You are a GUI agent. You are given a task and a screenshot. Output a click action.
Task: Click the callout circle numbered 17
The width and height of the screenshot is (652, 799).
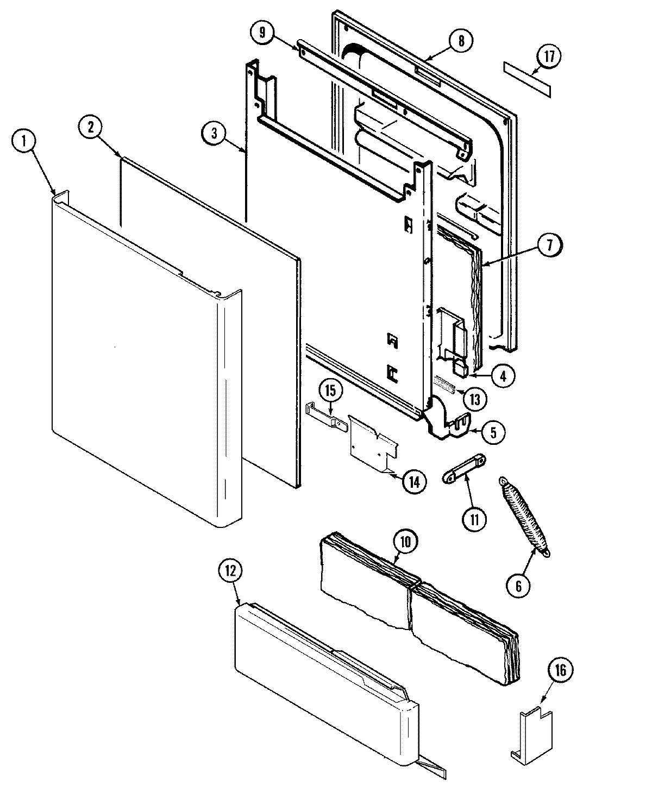pyautogui.click(x=549, y=57)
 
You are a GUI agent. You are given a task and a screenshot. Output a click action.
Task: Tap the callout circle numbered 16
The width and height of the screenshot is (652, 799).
pyautogui.click(x=561, y=671)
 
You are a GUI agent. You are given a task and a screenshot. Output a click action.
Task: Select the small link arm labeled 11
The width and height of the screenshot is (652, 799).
pyautogui.click(x=463, y=468)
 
